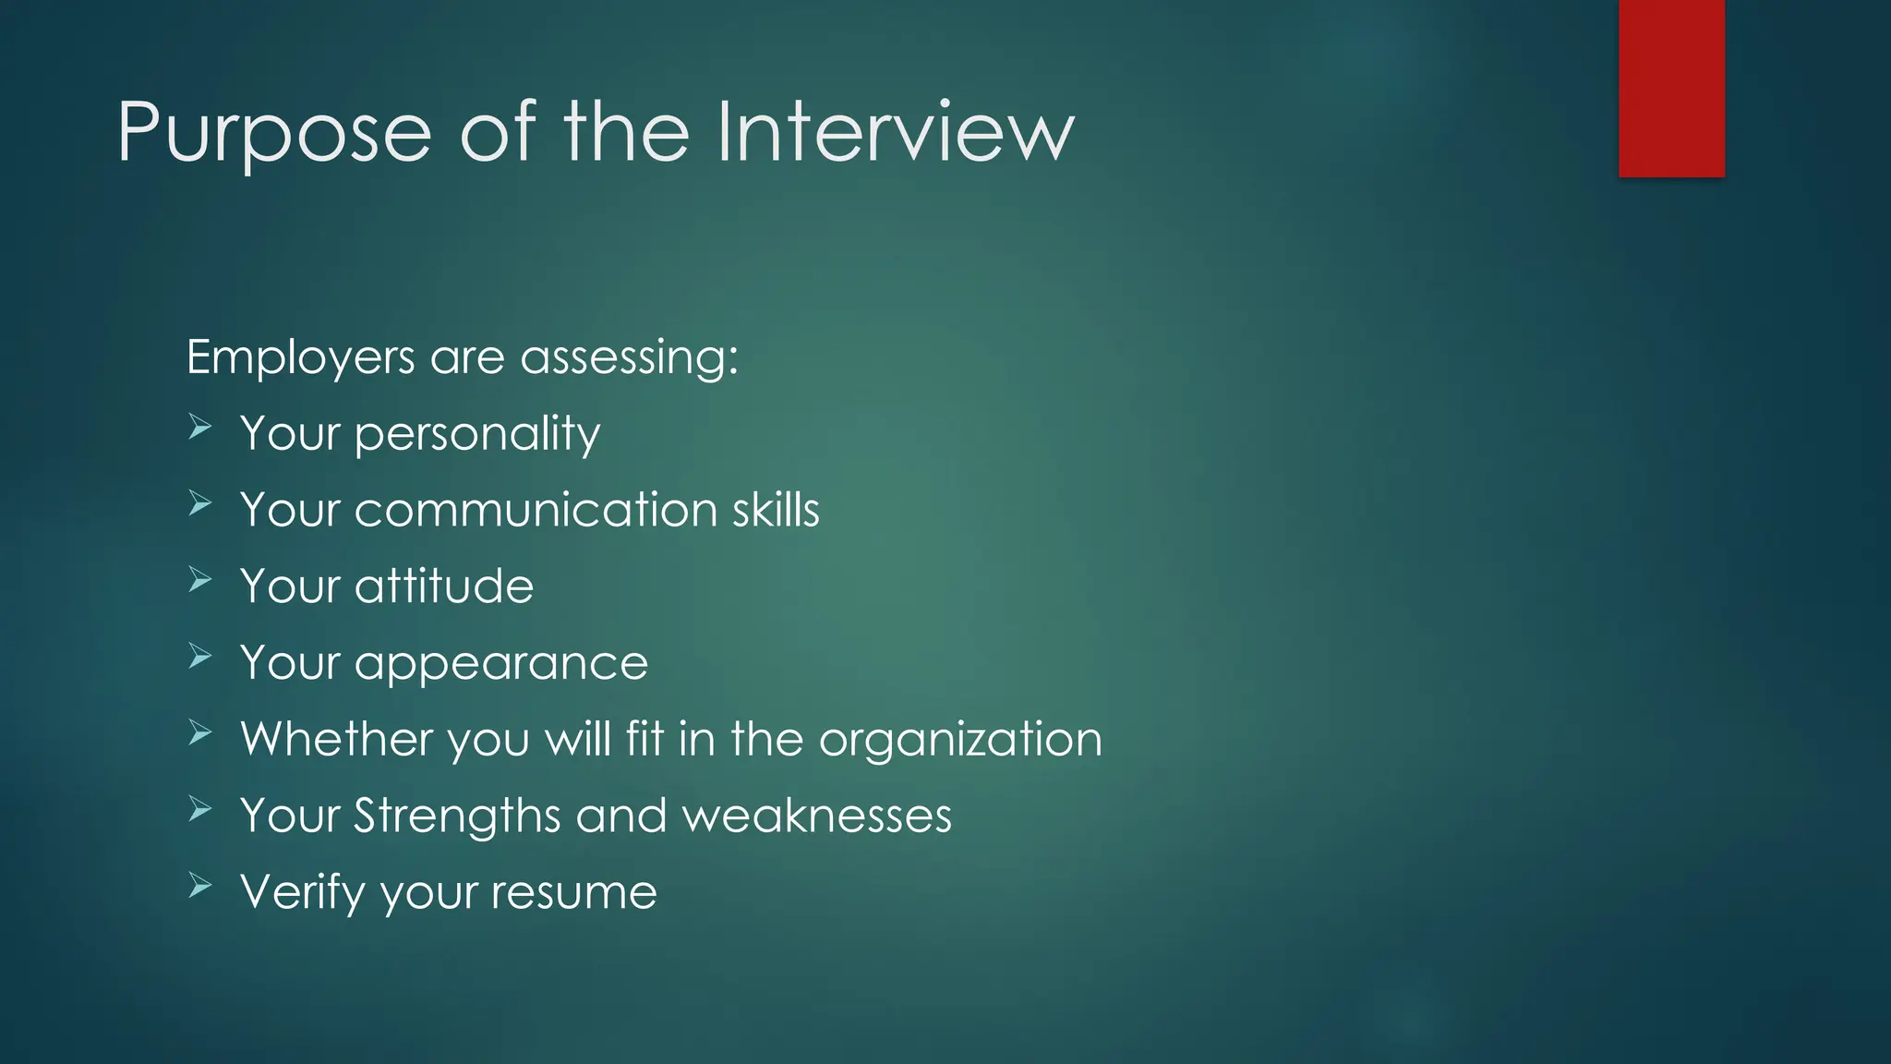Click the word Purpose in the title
274,134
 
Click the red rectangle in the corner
1671,89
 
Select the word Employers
301,357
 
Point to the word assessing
629,357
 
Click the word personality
477,434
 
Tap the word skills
776,510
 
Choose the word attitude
444,586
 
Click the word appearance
501,663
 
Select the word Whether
337,739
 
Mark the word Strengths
458,816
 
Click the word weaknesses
816,816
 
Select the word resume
573,893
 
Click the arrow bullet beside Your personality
200,427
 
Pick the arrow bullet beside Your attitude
200,580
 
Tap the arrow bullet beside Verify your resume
200,886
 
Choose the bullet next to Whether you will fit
200,733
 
